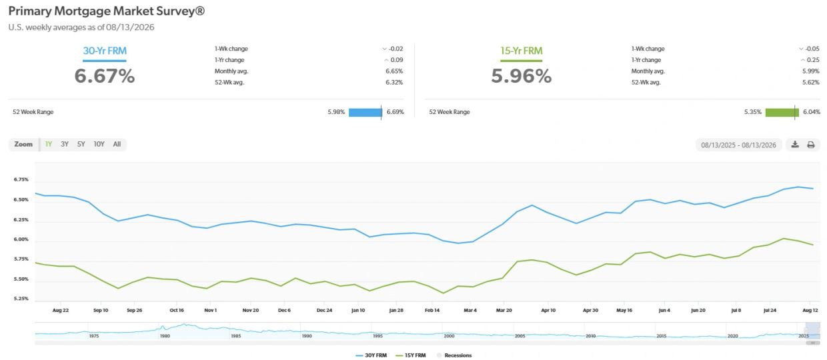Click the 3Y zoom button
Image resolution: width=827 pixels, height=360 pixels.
pos(65,145)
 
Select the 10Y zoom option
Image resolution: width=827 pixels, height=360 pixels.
pos(99,145)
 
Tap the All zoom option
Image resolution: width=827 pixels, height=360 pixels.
pos(117,145)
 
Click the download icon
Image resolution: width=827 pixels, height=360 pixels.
pos(795,145)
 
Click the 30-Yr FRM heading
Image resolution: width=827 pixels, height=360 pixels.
pos(105,51)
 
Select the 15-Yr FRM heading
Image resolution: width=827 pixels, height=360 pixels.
pos(521,51)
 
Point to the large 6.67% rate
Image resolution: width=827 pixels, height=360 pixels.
pos(105,76)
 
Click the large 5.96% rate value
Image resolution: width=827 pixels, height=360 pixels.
pos(521,76)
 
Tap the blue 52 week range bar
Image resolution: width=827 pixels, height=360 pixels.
pos(365,112)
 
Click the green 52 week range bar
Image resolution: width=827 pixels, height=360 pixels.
pos(782,112)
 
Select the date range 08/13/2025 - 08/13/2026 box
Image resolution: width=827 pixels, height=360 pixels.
pos(738,145)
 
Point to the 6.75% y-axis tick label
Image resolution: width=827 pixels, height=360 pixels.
pos(21,179)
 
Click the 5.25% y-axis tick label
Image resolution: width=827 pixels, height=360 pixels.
pos(21,299)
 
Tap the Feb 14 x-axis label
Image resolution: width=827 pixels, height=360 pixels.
pos(432,310)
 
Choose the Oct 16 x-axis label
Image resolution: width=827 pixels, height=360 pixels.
pos(177,310)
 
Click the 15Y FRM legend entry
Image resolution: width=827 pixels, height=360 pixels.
pos(411,355)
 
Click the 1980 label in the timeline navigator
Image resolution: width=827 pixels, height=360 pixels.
pos(165,336)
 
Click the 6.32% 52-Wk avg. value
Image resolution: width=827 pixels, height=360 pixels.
pos(394,83)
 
